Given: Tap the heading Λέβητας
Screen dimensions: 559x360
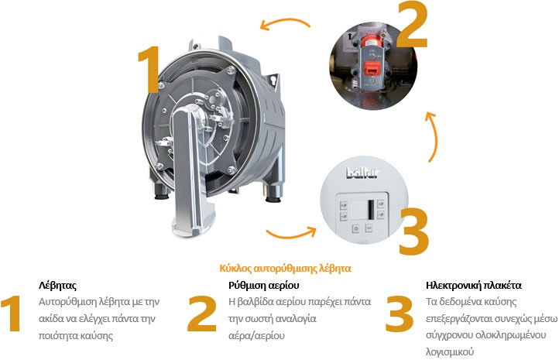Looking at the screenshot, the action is coord(57,286).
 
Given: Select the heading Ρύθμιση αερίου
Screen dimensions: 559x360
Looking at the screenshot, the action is coord(264,286).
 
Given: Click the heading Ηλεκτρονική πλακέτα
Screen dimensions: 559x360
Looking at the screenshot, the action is coord(473,286).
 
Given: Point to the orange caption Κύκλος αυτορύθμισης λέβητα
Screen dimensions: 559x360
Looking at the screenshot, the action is coord(285,269).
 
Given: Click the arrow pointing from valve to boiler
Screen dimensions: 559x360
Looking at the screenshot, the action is coord(285,23).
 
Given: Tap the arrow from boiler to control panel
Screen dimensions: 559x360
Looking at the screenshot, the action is coord(291,234).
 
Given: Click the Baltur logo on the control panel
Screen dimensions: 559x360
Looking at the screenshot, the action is coord(362,173).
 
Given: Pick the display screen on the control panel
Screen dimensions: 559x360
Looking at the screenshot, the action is coord(362,209).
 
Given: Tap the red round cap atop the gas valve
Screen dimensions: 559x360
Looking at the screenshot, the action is coord(371,41).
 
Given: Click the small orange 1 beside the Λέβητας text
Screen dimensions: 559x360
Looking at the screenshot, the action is coord(12,314).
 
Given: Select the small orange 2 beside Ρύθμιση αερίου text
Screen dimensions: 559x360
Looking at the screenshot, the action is coord(202,314).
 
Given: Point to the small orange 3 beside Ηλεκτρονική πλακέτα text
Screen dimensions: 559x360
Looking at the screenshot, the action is coord(400,314).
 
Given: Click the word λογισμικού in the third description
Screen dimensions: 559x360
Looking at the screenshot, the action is coord(450,352).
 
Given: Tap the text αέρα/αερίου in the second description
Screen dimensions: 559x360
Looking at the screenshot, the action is coord(256,336).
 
